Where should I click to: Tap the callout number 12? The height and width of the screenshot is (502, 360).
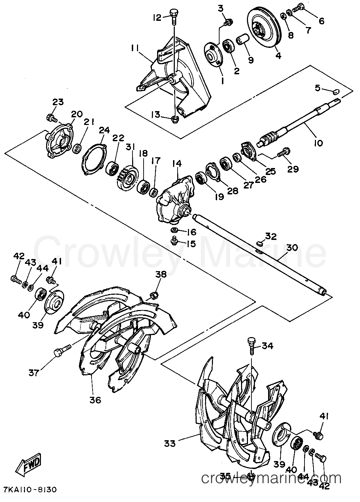tap(157, 17)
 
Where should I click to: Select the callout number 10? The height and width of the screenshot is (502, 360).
tap(318, 143)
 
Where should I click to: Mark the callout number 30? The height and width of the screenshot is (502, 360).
tap(292, 248)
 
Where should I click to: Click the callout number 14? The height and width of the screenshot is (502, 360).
tap(177, 164)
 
